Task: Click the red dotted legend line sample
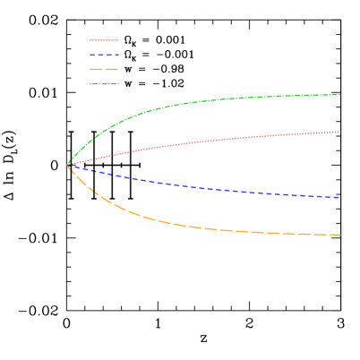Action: click(104, 40)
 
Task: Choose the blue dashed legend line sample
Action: click(104, 55)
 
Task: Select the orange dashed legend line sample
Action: click(104, 69)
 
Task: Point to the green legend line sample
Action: click(104, 84)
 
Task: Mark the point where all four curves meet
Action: click(68, 165)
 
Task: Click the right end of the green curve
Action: click(339, 95)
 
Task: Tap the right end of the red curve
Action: click(339, 132)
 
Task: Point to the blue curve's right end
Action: click(339, 197)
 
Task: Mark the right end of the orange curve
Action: click(339, 235)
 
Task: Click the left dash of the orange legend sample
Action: click(96, 69)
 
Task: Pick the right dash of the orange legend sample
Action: click(113, 69)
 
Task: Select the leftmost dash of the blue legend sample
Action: click(92, 55)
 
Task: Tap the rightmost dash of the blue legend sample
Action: click(116, 55)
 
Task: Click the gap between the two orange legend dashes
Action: click(104, 69)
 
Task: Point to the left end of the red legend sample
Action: click(90, 40)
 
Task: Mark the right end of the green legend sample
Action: click(118, 84)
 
